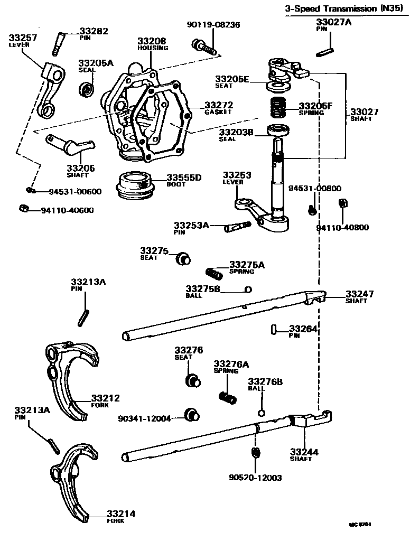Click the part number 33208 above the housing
point(152,41)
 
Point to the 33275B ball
point(247,289)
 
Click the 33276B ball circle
point(261,413)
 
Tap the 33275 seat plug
point(182,259)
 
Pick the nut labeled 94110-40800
point(341,203)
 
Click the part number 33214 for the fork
point(120,514)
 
